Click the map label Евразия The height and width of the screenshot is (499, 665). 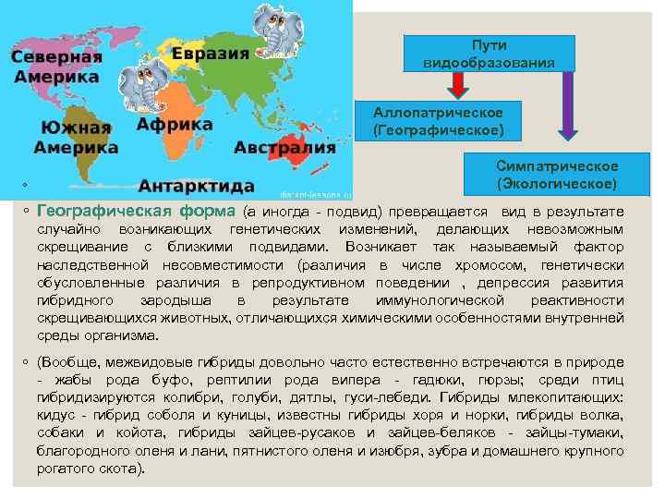pyautogui.click(x=212, y=53)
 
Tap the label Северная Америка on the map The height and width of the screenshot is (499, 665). pyautogui.click(x=55, y=67)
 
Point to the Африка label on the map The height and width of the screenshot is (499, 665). pyautogui.click(x=168, y=123)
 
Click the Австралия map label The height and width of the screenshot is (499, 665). pyautogui.click(x=284, y=148)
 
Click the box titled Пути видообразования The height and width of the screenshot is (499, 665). pyautogui.click(x=489, y=54)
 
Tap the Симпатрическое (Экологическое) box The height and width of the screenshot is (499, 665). pyautogui.click(x=557, y=175)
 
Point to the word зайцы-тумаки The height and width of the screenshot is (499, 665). pyautogui.click(x=585, y=433)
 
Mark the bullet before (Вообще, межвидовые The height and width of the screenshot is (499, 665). pyautogui.click(x=28, y=363)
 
